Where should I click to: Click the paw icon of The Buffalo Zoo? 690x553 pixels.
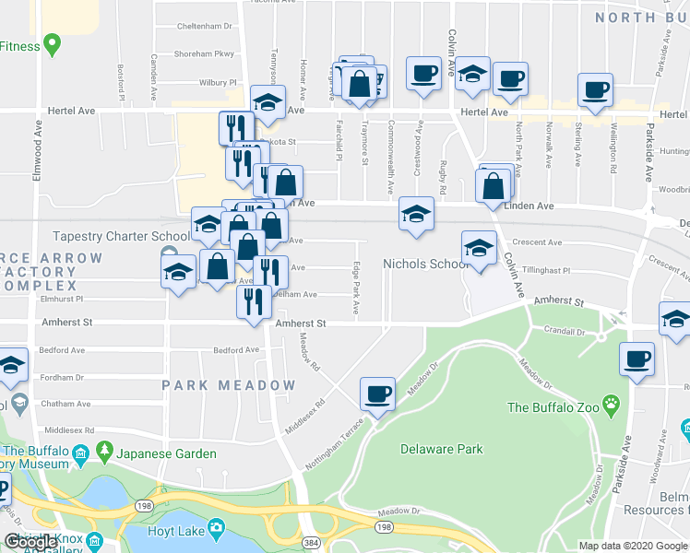[612, 403]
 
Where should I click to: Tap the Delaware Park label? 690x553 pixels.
[442, 450]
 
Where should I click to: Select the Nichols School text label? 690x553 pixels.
[426, 265]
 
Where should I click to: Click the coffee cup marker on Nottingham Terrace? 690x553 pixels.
[377, 394]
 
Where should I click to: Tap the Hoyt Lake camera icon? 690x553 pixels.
[217, 527]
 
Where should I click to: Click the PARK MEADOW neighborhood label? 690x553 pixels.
[230, 385]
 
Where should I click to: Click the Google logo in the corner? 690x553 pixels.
[30, 542]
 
